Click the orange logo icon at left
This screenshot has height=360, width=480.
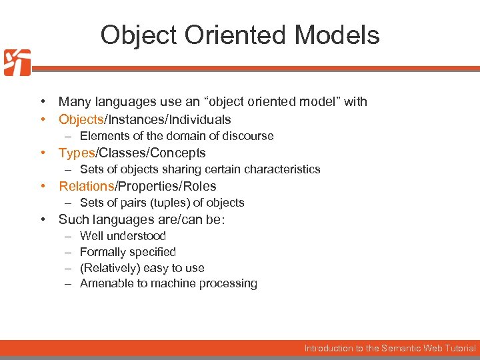17,63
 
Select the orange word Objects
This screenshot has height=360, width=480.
80,119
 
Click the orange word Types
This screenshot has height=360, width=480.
77,153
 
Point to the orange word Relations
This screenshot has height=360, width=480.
87,186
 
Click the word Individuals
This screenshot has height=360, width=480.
199,119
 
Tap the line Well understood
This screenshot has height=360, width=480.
123,235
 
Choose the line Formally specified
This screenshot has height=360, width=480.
127,252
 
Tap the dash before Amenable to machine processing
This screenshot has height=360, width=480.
67,283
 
